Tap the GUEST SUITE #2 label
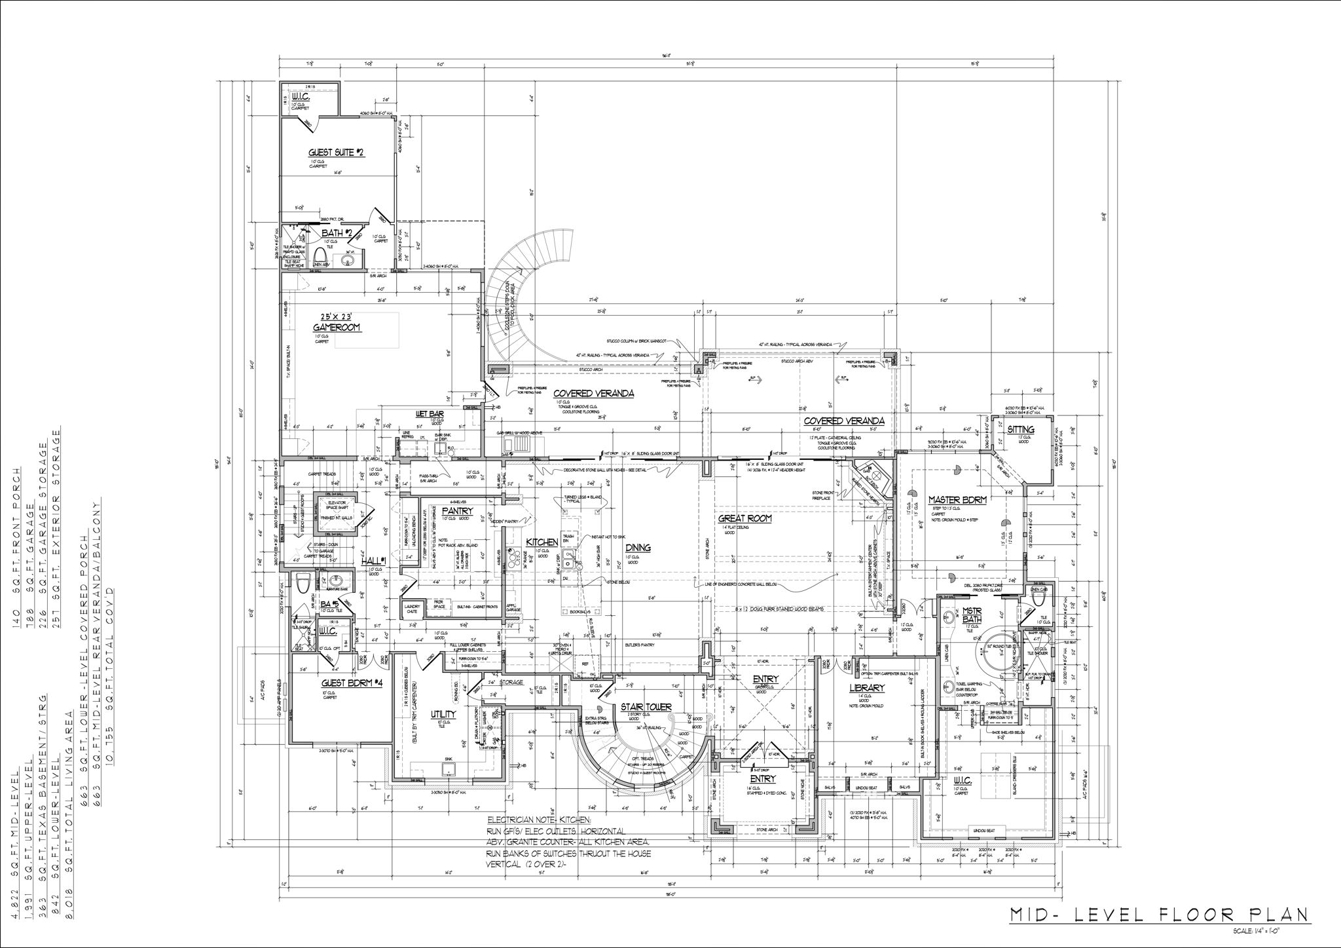(336, 153)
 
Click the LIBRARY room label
(867, 688)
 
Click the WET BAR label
(430, 414)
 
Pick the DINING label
(637, 547)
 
